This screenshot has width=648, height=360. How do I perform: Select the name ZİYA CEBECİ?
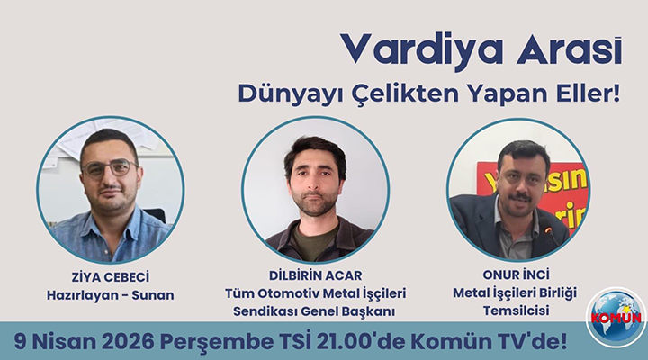110,276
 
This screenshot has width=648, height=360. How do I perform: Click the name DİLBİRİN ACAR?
314,276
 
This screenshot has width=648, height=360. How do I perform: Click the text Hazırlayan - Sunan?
111,294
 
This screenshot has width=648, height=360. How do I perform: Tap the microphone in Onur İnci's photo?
547,233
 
